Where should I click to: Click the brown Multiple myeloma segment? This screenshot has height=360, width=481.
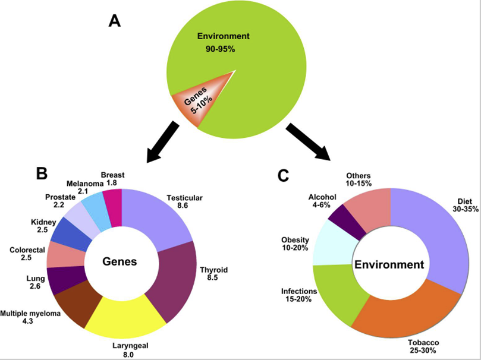[x=77, y=307]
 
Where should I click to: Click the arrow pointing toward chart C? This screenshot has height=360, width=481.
[x=309, y=141]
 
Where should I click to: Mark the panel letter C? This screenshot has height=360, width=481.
[x=283, y=176]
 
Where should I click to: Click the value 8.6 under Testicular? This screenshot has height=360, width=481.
[x=183, y=206]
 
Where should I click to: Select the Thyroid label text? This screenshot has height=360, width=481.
[x=214, y=270]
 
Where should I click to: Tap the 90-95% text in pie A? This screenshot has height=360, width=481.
[x=220, y=49]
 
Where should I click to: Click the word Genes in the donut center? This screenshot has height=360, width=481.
[x=120, y=261]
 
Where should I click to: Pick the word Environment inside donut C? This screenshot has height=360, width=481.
[x=389, y=264]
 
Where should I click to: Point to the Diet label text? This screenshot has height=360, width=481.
[x=465, y=201]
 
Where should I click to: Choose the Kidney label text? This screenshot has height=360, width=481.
[x=43, y=222]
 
